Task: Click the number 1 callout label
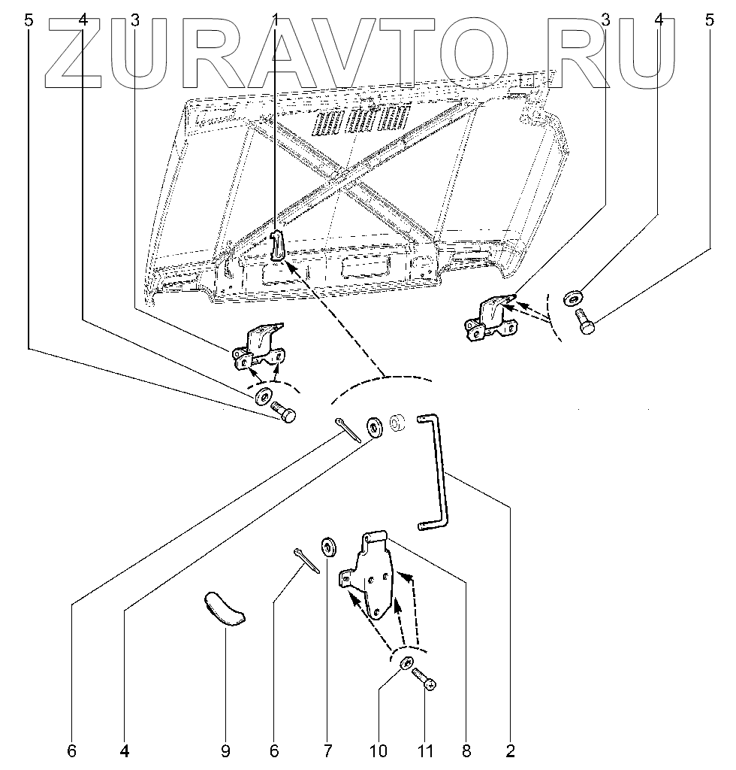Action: pos(276,21)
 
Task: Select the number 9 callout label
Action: pos(225,750)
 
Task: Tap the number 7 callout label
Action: pos(327,750)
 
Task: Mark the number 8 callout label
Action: pos(466,750)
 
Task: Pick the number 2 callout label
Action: pos(511,750)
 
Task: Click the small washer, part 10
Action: pos(406,664)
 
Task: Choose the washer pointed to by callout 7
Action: pos(328,545)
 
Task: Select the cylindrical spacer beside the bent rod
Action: pos(398,423)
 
